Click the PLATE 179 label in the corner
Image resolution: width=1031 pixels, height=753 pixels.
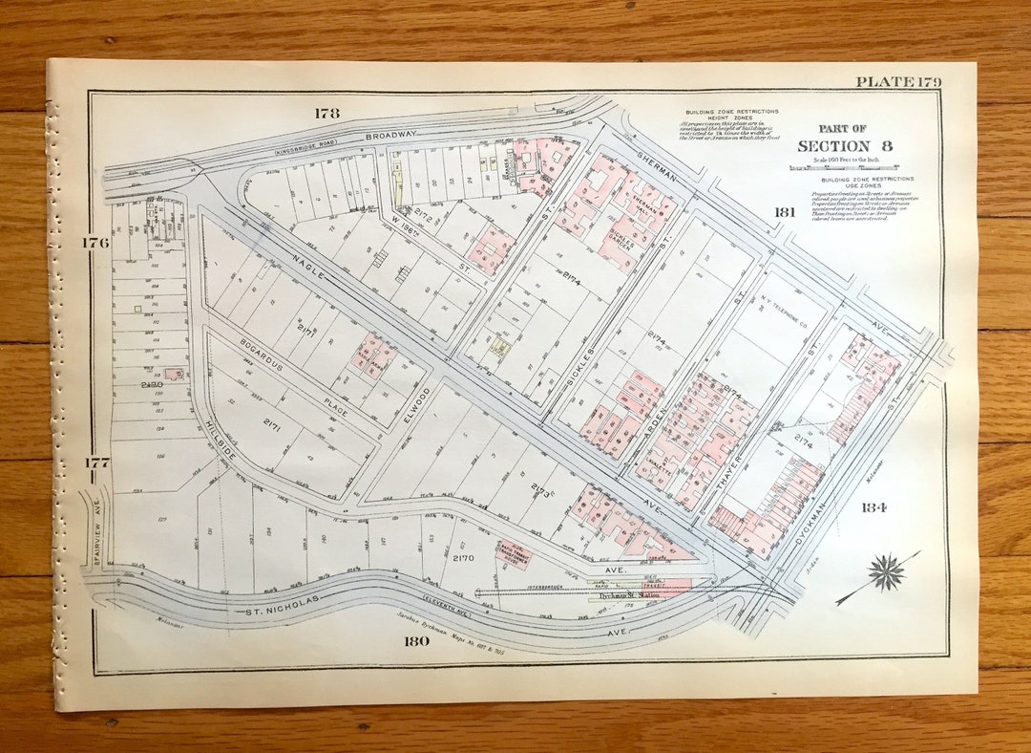click(898, 82)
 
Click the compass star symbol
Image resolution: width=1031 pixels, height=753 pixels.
click(886, 570)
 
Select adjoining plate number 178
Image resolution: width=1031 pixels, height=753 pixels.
click(326, 113)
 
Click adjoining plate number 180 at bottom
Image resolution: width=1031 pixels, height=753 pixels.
click(416, 640)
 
